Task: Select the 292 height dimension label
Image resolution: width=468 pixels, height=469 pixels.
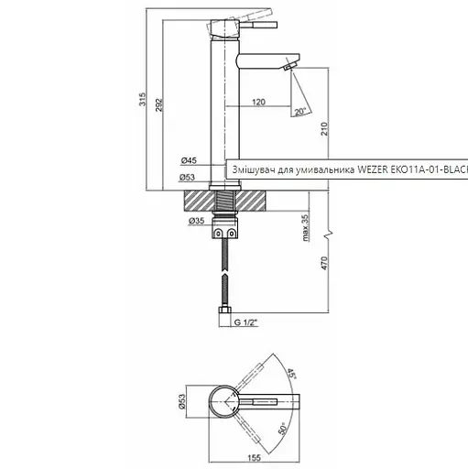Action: (x=161, y=107)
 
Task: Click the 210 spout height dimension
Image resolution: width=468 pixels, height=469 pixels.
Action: (x=324, y=129)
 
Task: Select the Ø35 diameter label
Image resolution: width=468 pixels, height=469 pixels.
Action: (x=195, y=221)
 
